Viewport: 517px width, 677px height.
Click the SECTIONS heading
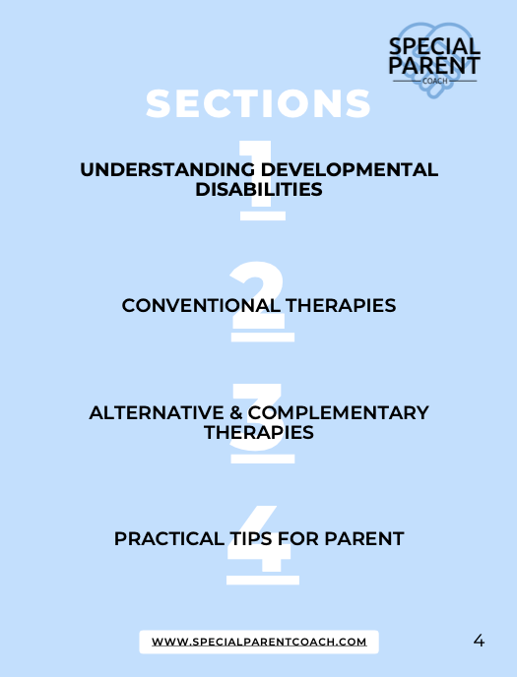point(258,103)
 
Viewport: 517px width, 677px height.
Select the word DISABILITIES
point(258,190)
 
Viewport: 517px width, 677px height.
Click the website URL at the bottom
point(258,642)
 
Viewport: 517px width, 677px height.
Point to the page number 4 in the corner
point(479,641)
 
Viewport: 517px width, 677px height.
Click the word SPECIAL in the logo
point(435,45)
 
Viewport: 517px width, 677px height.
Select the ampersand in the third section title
point(234,412)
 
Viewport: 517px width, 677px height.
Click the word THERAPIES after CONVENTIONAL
point(341,306)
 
